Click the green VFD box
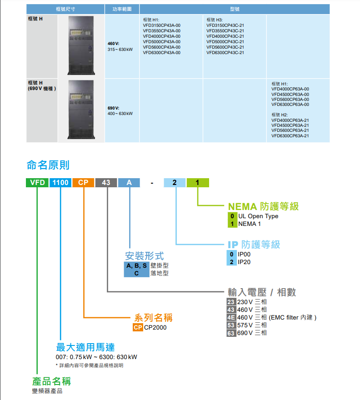pos(37,183)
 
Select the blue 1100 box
pos(60,183)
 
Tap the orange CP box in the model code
pos(83,183)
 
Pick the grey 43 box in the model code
pos(106,183)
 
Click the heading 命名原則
pos(48,165)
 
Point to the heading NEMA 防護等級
pos(263,206)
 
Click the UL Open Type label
pos(258,216)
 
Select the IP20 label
pos(244,262)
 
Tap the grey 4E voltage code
pos(231,317)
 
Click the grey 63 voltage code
pos(231,333)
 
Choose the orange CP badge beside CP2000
pos(138,327)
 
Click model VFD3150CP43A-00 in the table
pos(162,25)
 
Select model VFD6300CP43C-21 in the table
pos(225,53)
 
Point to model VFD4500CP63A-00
pos(290,95)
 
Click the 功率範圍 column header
pos(122,9)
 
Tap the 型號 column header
pos(235,9)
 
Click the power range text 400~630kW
pos(120,114)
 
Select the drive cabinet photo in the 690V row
pos(81,110)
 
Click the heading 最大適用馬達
pos(85,347)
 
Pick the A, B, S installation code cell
pos(136,265)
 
